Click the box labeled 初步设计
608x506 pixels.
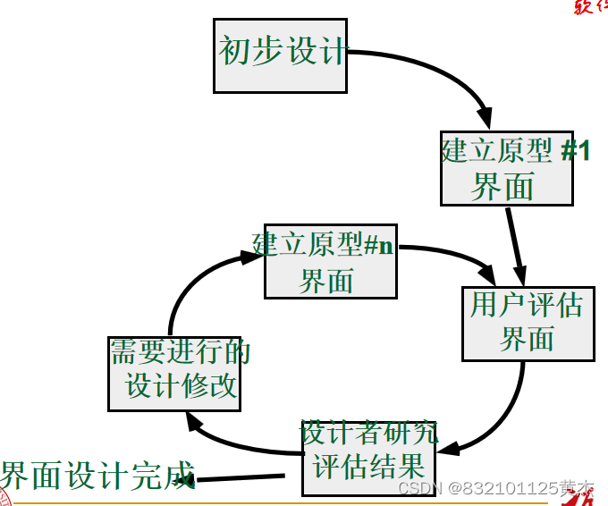pyautogui.click(x=280, y=53)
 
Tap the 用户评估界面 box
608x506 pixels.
pyautogui.click(x=528, y=324)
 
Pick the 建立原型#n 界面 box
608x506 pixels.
pyautogui.click(x=330, y=261)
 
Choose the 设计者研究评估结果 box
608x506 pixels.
pyautogui.click(x=368, y=458)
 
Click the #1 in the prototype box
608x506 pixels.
pyautogui.click(x=576, y=150)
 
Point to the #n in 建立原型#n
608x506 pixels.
pyautogui.click(x=378, y=245)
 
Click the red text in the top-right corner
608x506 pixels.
pyautogui.click(x=591, y=7)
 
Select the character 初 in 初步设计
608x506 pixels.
pyautogui.click(x=234, y=51)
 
